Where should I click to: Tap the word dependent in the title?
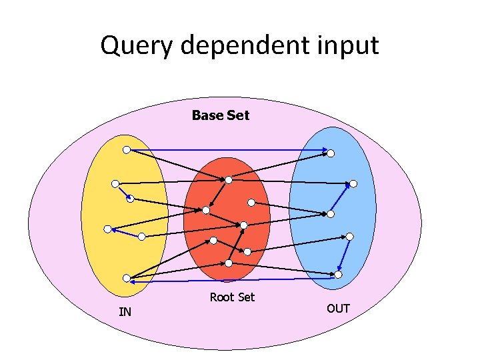pyautogui.click(x=238, y=46)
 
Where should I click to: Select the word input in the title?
pyautogui.click(x=347, y=46)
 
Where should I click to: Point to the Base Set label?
pyautogui.click(x=220, y=115)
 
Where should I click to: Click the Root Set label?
pyautogui.click(x=232, y=297)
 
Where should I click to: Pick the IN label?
pyautogui.click(x=125, y=311)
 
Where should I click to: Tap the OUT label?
pyautogui.click(x=338, y=309)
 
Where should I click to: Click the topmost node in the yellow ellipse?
pyautogui.click(x=127, y=149)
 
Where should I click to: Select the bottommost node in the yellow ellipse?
pyautogui.click(x=127, y=278)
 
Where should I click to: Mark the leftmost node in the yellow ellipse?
pyautogui.click(x=107, y=229)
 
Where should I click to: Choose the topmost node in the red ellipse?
pyautogui.click(x=228, y=179)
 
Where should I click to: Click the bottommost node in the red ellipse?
pyautogui.click(x=247, y=251)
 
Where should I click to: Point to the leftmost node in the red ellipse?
pyautogui.click(x=206, y=210)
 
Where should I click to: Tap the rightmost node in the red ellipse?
pyautogui.click(x=251, y=202)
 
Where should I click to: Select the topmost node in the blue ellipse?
pyautogui.click(x=330, y=153)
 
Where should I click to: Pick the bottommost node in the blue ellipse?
pyautogui.click(x=338, y=274)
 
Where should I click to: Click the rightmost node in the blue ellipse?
pyautogui.click(x=353, y=183)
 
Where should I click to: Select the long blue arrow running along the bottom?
pyautogui.click(x=233, y=280)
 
